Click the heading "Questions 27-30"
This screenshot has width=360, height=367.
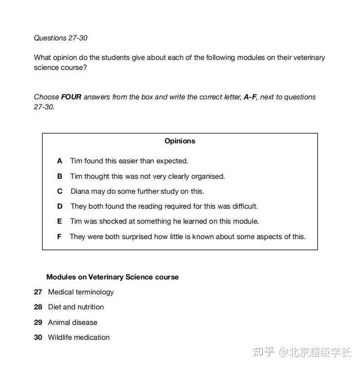click(60, 38)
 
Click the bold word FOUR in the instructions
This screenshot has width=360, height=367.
click(71, 97)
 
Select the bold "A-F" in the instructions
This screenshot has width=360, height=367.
click(250, 97)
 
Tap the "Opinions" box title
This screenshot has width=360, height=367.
click(180, 141)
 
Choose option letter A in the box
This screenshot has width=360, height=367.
click(59, 161)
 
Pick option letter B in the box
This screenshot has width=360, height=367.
click(59, 176)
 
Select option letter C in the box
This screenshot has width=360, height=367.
click(59, 191)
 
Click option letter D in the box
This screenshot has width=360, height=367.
click(59, 206)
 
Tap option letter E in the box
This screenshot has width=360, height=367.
click(59, 221)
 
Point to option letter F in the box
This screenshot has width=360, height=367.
click(59, 237)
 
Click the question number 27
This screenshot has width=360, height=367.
click(38, 292)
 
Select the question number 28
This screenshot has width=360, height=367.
click(38, 307)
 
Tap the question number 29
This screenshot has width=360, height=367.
click(38, 323)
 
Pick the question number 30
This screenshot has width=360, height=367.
click(38, 338)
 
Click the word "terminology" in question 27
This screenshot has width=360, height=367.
click(94, 292)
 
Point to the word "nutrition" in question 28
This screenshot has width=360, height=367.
click(90, 307)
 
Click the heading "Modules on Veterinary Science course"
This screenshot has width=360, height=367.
click(112, 277)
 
